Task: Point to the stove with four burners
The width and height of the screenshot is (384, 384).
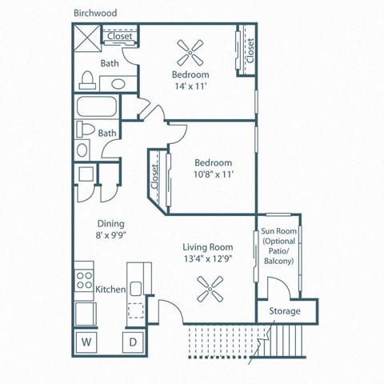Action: (83, 281)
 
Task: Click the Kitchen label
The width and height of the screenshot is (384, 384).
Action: (110, 289)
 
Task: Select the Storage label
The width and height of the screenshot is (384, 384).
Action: (284, 311)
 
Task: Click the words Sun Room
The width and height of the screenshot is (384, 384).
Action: (278, 233)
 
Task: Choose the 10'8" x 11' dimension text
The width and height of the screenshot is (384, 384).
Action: (213, 174)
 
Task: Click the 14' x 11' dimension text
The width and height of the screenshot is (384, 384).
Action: (191, 88)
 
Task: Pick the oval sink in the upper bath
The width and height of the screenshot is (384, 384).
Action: (118, 83)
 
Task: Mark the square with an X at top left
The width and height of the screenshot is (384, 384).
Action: (84, 37)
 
